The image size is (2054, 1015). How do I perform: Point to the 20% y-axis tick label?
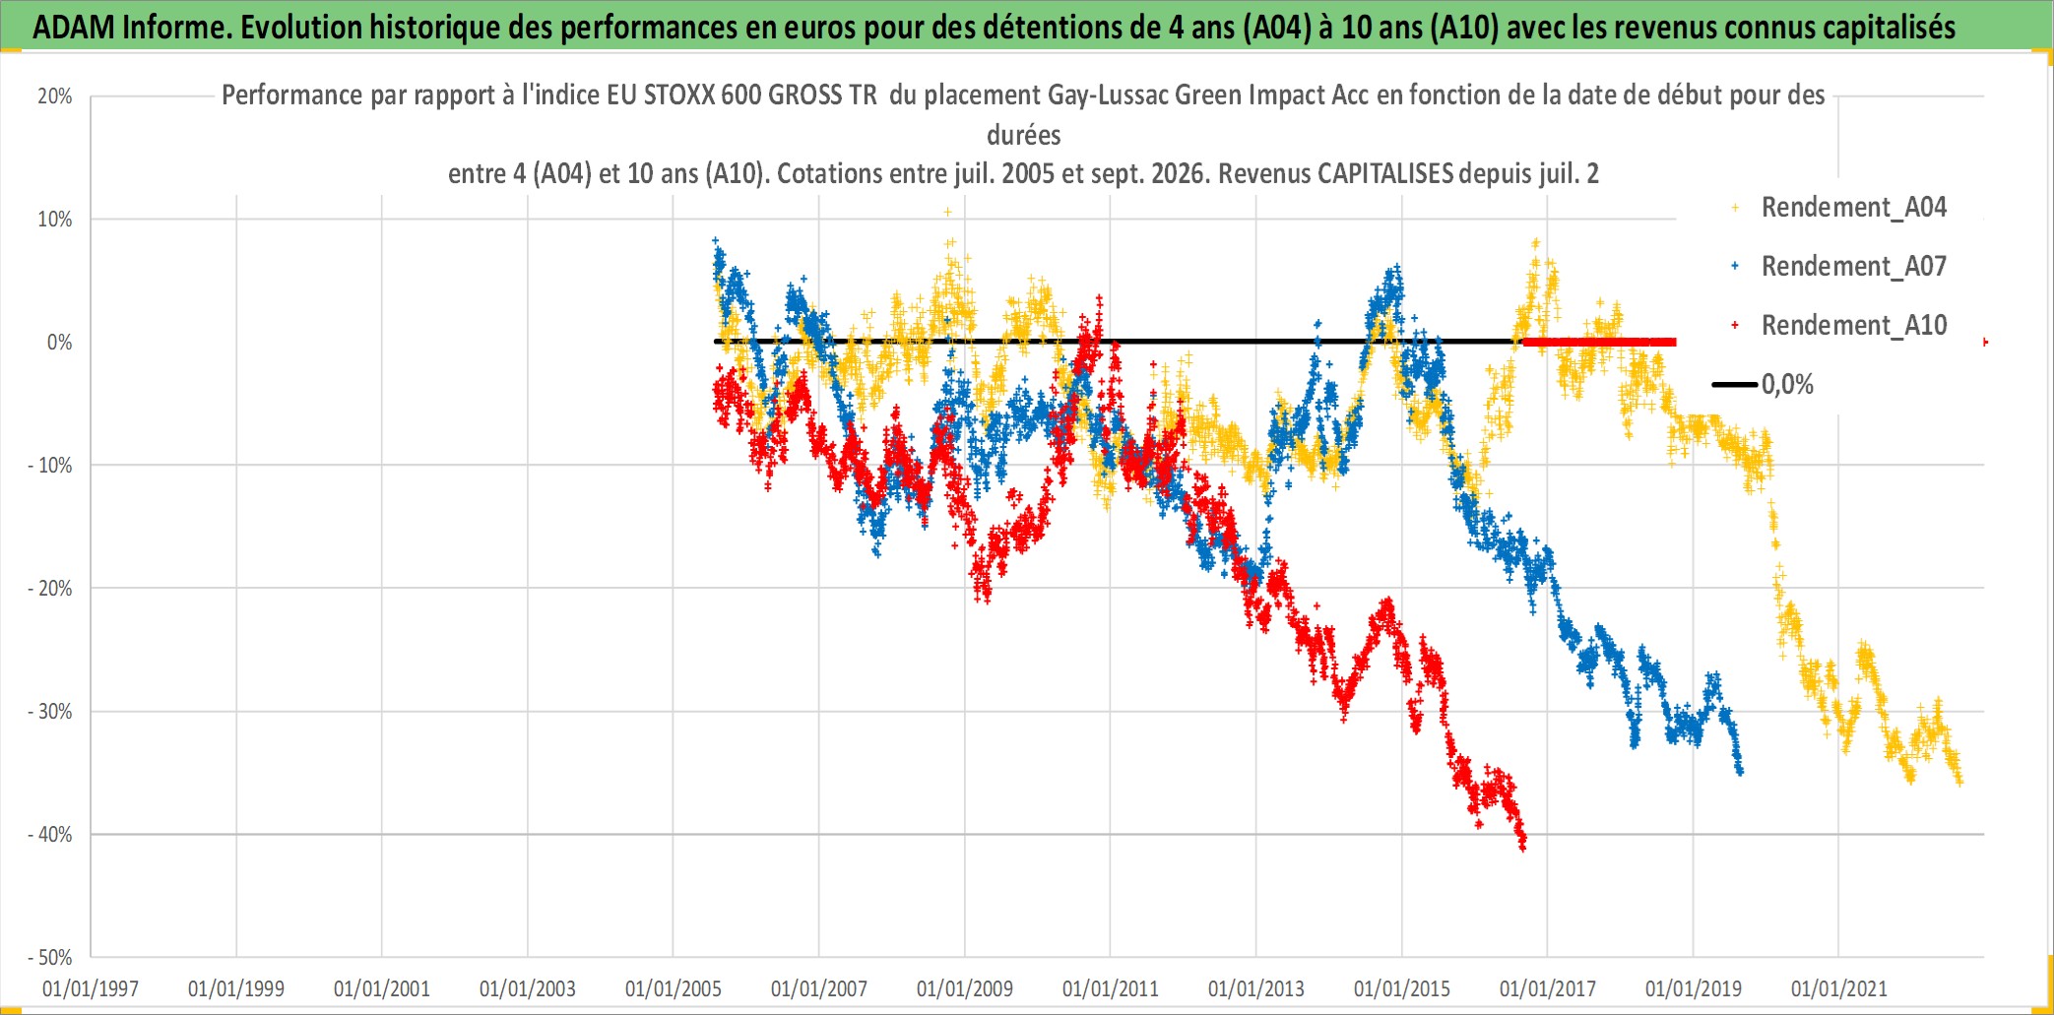tap(55, 96)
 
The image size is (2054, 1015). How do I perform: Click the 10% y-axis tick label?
tap(55, 220)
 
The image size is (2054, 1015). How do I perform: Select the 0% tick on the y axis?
tap(60, 343)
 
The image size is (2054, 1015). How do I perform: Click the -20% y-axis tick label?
tap(50, 589)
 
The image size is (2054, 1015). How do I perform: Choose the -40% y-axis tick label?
tap(50, 835)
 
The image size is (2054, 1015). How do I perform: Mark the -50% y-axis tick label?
tap(50, 958)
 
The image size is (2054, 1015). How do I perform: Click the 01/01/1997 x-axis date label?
tap(91, 988)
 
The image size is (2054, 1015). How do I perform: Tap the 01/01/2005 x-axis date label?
tap(674, 988)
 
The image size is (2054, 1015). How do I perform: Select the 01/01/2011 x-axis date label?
tap(1111, 988)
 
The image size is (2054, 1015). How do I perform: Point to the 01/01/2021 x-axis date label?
tap(1839, 988)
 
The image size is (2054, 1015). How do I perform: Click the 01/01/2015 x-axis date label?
tap(1402, 988)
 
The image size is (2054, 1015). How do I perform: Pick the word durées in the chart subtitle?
tap(1024, 135)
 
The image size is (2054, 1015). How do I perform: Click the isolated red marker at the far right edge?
tap(1985, 342)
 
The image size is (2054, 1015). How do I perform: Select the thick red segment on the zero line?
tap(1600, 342)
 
